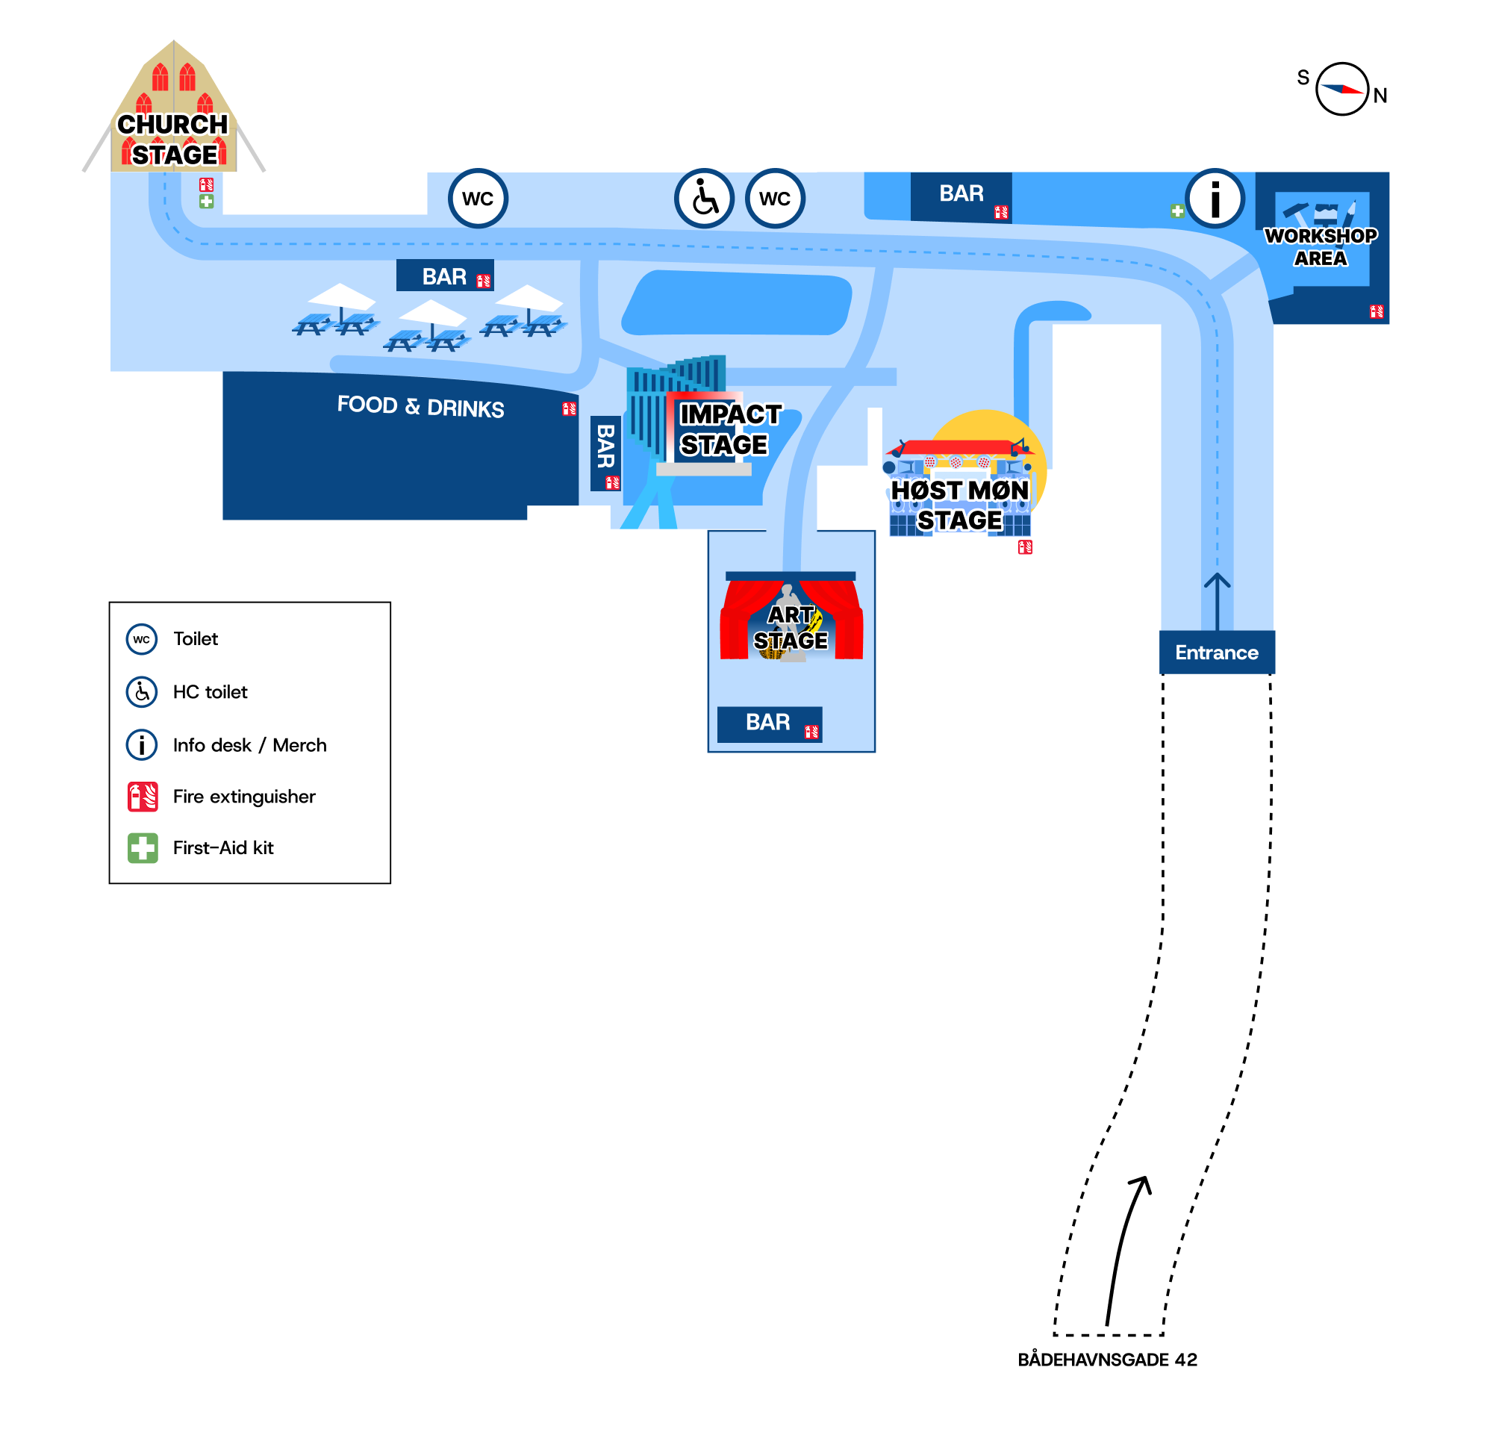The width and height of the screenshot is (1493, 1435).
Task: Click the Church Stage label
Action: coord(173,140)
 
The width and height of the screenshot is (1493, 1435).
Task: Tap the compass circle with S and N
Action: coord(1342,89)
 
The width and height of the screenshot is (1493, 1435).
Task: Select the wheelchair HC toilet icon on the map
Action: coord(705,199)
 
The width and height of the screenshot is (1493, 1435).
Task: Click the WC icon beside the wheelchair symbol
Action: coord(775,199)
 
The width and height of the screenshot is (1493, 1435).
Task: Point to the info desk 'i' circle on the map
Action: coord(1215,199)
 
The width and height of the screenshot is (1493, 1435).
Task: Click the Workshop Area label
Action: coord(1320,247)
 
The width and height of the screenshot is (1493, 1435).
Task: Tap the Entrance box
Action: coord(1217,653)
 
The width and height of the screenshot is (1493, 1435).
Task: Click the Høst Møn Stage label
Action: coord(960,505)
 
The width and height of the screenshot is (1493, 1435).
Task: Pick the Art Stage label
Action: coord(791,628)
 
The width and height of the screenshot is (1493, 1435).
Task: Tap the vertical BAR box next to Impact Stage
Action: coord(605,453)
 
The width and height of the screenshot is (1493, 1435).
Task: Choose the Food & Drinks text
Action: coord(420,407)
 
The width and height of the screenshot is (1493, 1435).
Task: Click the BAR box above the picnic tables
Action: coord(445,276)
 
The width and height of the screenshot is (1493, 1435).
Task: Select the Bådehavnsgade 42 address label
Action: coord(1108,1360)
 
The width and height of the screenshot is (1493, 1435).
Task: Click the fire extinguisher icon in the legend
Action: coord(143,797)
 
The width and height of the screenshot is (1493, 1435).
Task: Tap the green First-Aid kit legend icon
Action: coord(143,847)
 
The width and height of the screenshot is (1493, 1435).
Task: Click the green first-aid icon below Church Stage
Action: coord(207,201)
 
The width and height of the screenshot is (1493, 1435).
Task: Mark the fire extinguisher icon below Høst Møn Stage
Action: coord(1025,547)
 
